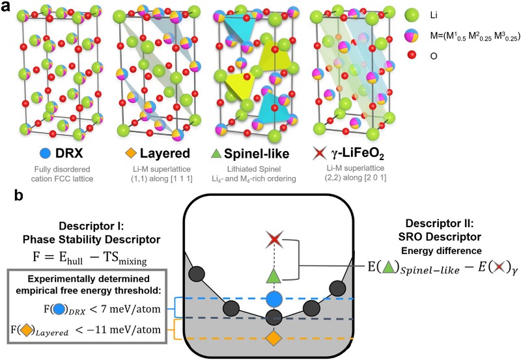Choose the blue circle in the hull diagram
(274, 299)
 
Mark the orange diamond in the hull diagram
(274, 339)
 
